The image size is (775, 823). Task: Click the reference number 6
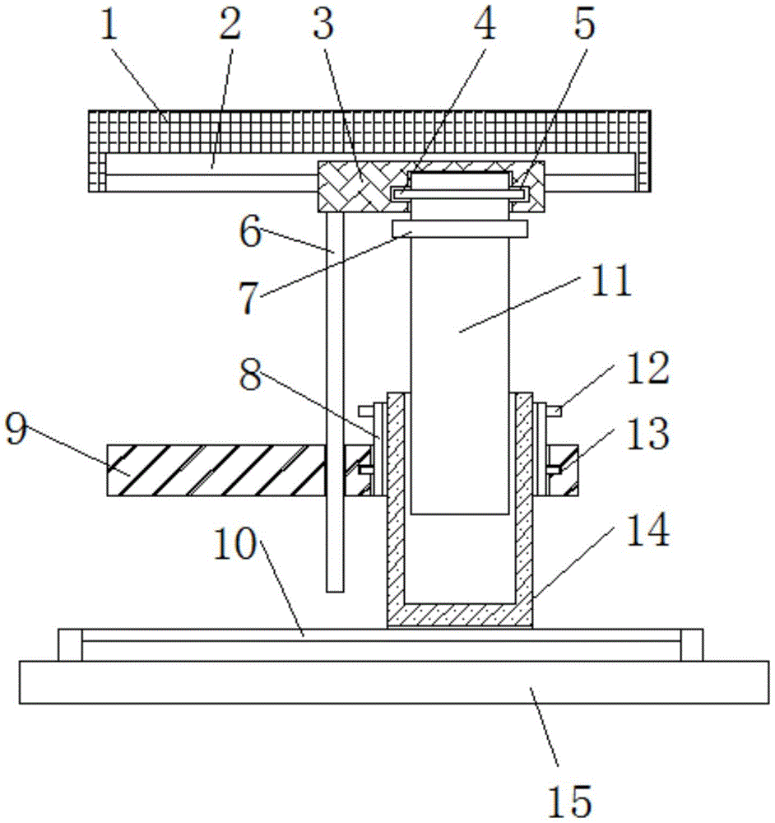point(250,233)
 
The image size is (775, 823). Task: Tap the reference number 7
point(249,298)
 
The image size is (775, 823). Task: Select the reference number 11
point(612,281)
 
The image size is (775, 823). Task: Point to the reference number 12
point(649,367)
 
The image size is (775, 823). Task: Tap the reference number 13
point(649,433)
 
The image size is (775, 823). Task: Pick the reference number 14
point(649,530)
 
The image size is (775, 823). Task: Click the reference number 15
point(570,802)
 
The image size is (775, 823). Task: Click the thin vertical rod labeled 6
point(335,402)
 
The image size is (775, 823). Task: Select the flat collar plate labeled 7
point(460,229)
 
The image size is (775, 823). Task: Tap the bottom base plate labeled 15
point(394,681)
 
